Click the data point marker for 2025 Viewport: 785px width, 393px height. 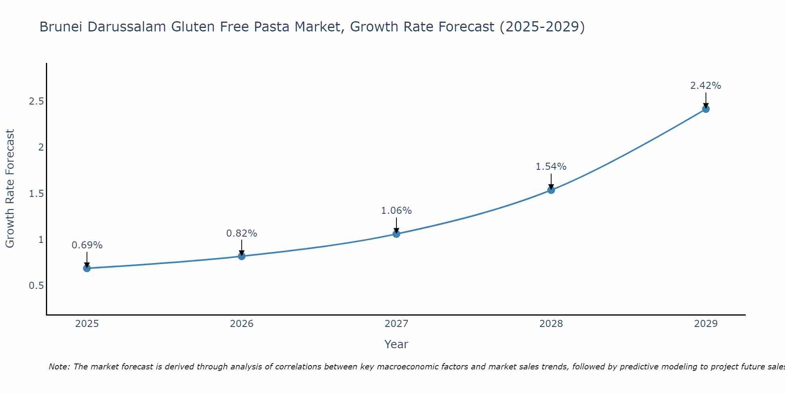(87, 268)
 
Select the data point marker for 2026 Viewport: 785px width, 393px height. (241, 256)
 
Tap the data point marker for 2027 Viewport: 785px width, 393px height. (396, 234)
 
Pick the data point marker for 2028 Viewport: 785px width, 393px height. (551, 190)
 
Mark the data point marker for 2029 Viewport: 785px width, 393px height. (706, 109)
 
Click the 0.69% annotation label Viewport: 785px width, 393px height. (87, 245)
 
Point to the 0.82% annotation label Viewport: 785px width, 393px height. (241, 233)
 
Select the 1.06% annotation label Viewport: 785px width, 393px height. (396, 211)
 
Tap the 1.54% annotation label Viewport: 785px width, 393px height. (551, 167)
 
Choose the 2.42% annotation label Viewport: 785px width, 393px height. (706, 86)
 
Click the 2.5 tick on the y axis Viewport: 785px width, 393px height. (36, 101)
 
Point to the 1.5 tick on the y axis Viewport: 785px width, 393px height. (36, 194)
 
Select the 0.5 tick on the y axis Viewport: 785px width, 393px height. (36, 286)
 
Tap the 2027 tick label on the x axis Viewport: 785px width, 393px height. (396, 324)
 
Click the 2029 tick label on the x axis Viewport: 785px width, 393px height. (706, 324)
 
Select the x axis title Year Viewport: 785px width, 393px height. (396, 344)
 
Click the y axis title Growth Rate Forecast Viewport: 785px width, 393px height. (10, 189)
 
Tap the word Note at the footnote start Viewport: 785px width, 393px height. (59, 367)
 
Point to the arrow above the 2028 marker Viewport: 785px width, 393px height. (551, 181)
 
